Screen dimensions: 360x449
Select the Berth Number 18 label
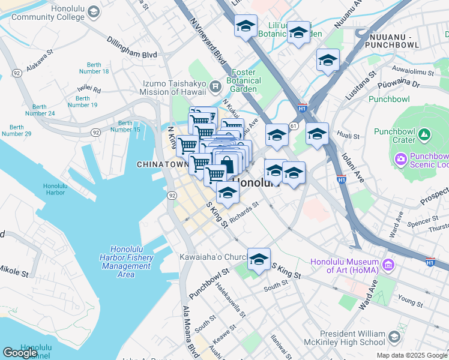97,68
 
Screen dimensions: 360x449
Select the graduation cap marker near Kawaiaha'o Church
259,260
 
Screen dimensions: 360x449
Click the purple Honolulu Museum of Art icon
387,265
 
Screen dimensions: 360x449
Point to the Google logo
20,353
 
